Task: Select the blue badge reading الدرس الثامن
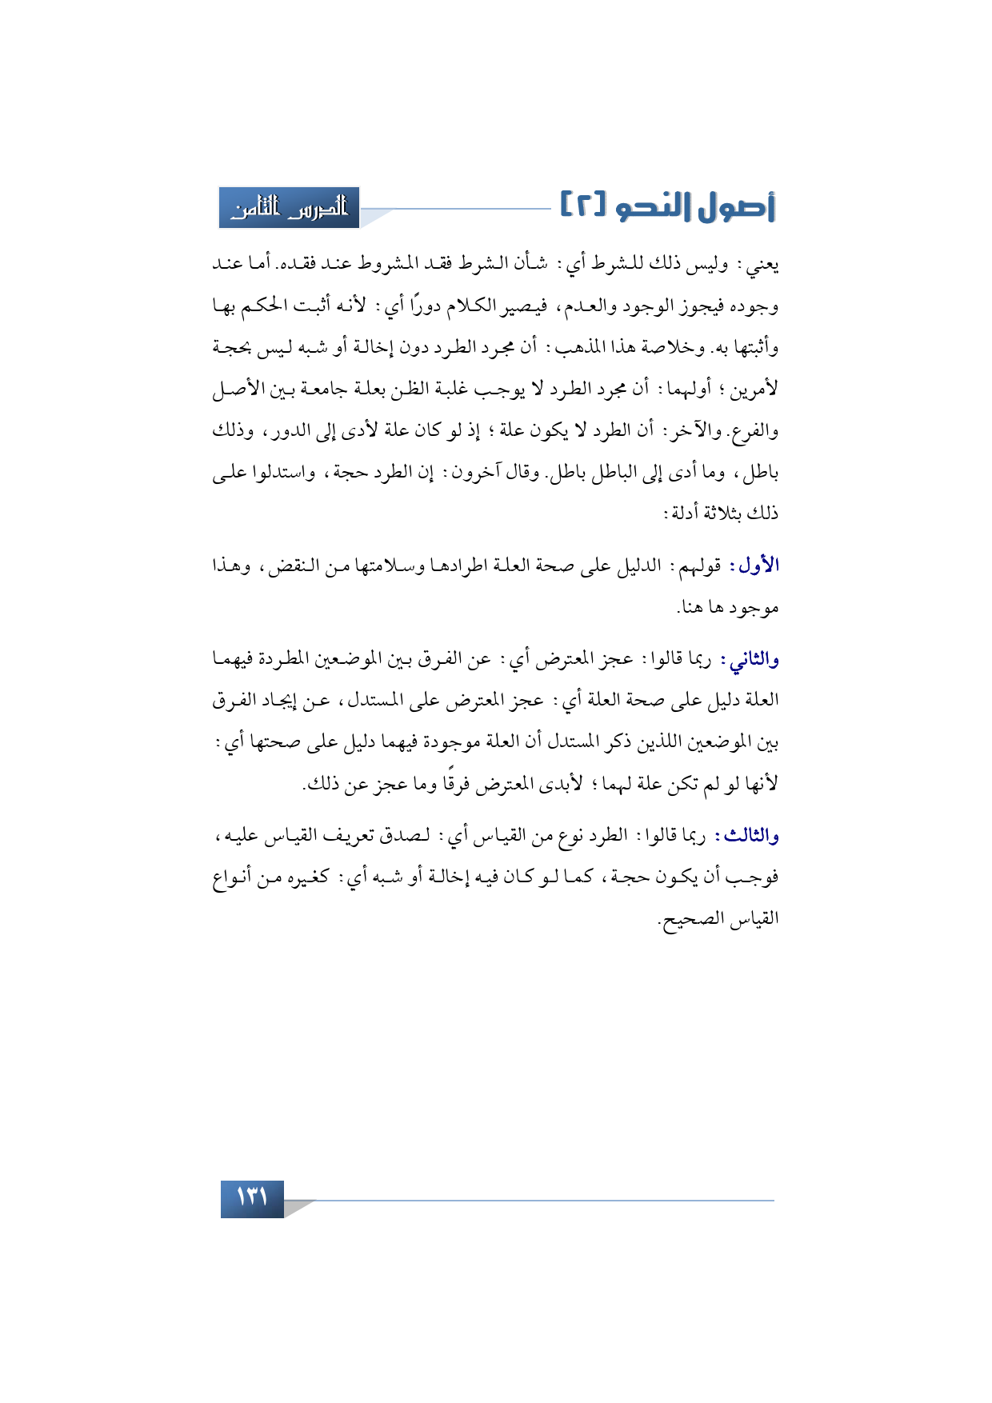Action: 290,208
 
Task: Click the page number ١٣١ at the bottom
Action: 252,1198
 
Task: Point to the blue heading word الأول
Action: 759,566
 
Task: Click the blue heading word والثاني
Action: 750,660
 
